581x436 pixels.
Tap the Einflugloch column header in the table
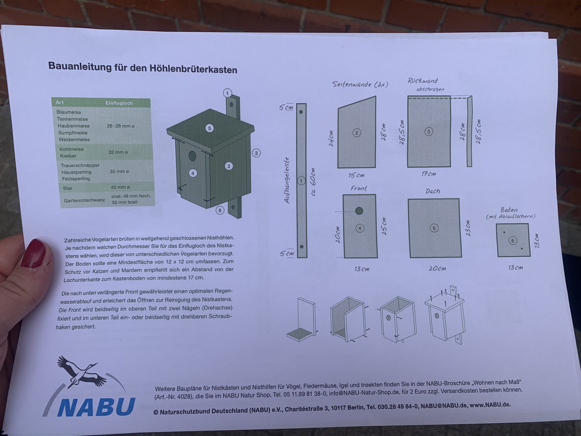pos(119,103)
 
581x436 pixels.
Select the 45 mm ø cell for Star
pos(120,187)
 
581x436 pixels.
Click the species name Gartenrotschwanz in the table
pos(84,200)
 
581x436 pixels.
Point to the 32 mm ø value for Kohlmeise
pos(118,152)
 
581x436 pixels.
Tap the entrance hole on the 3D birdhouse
pos(192,156)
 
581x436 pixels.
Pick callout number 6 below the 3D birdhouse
pos(220,210)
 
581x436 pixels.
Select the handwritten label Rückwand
pos(423,81)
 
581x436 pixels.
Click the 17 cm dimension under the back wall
pos(428,174)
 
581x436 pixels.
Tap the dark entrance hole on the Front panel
pos(359,211)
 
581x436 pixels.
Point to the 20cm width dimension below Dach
pos(437,268)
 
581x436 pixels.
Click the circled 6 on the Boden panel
pos(513,240)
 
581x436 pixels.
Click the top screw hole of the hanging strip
pos(301,112)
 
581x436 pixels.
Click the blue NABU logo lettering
pos(96,406)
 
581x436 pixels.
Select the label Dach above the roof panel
pos(433,191)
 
